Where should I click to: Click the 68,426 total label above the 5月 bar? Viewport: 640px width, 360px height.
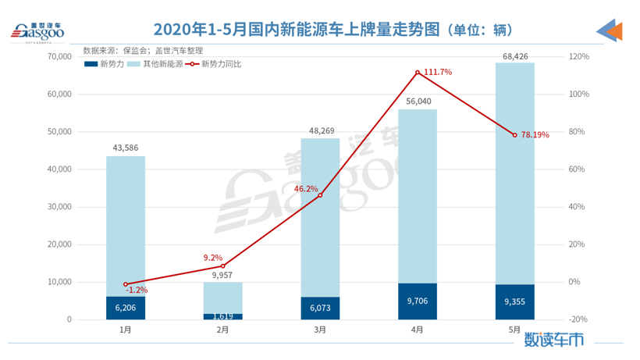pyautogui.click(x=514, y=56)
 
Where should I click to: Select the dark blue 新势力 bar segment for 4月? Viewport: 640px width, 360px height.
pyautogui.click(x=417, y=301)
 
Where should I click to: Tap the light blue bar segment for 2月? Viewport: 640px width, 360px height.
pyautogui.click(x=222, y=298)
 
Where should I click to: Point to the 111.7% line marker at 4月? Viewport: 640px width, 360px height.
pyautogui.click(x=418, y=73)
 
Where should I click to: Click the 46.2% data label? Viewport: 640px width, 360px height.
pyautogui.click(x=306, y=189)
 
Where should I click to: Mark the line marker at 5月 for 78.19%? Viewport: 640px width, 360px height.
pyautogui.click(x=514, y=135)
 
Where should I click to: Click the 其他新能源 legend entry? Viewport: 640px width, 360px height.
pyautogui.click(x=156, y=64)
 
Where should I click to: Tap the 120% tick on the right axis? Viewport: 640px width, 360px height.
pyautogui.click(x=578, y=56)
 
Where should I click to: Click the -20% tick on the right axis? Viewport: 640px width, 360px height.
pyautogui.click(x=578, y=319)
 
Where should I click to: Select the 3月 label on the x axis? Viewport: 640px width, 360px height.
pyautogui.click(x=320, y=330)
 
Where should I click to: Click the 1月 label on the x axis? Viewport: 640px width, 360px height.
pyautogui.click(x=126, y=330)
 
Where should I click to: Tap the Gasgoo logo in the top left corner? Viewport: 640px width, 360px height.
pyautogui.click(x=37, y=31)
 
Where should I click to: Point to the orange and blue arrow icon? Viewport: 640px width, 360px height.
pyautogui.click(x=609, y=31)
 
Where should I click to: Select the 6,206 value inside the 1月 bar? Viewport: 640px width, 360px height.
pyautogui.click(x=126, y=308)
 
